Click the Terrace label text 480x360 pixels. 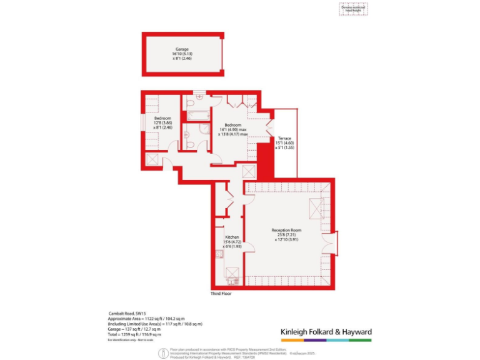click(284, 138)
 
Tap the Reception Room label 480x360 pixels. click(287, 230)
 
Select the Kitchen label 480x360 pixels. click(232, 237)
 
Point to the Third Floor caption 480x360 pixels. click(221, 292)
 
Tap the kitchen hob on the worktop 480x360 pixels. click(232, 272)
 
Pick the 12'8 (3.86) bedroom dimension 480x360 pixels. click(163, 122)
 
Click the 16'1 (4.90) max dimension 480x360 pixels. click(232, 129)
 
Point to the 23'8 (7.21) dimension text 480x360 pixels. click(287, 235)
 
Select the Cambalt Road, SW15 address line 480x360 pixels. click(122, 314)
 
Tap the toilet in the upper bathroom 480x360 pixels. click(198, 98)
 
